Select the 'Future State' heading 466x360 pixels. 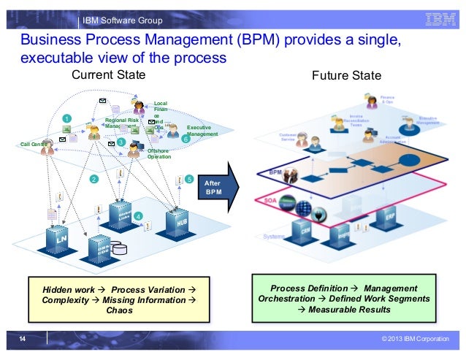coord(341,76)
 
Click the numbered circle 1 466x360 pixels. coord(66,118)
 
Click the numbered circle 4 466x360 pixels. coord(139,215)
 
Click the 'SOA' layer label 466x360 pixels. coord(268,198)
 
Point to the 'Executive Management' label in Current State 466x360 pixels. coord(202,131)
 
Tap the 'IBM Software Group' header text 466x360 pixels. coord(122,19)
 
